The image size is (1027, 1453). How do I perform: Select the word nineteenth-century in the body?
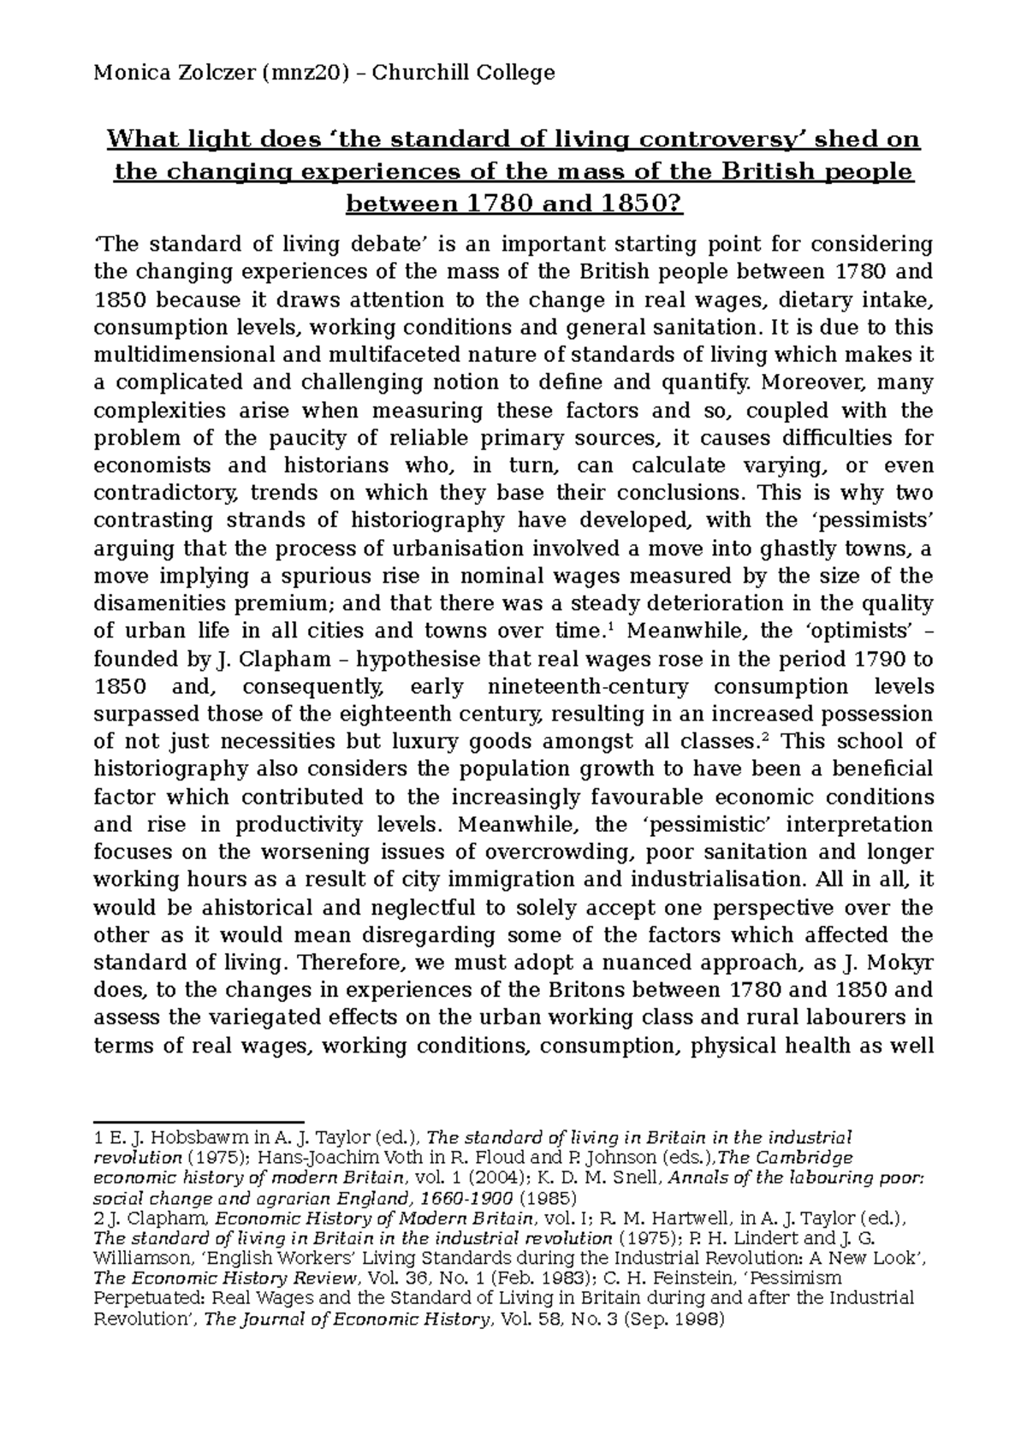coord(587,687)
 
